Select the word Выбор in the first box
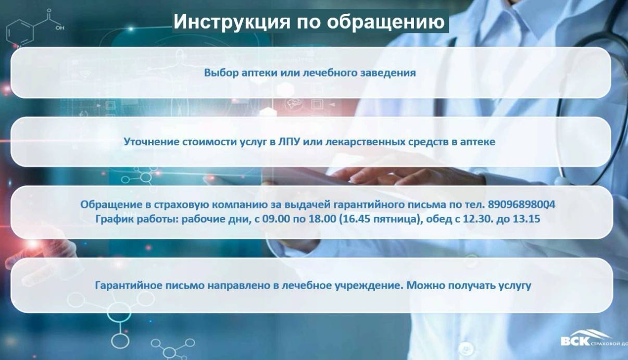[221, 72]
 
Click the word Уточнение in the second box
[151, 141]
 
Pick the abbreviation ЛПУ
[288, 142]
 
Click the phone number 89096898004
[521, 205]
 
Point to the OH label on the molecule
[60, 28]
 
